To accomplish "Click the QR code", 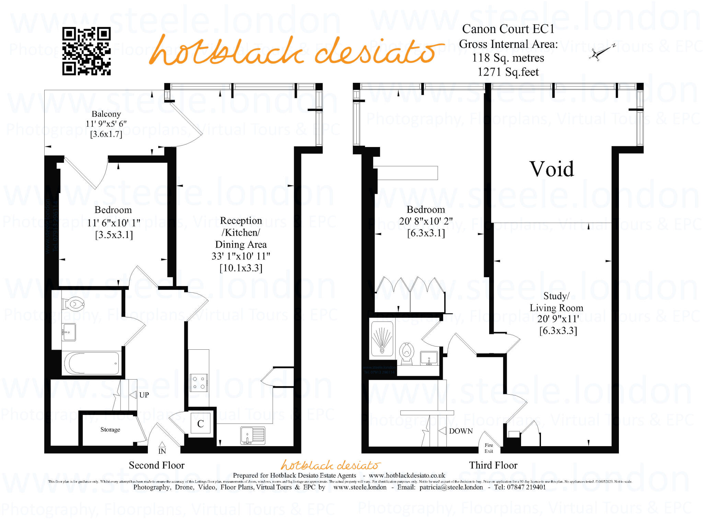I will click(86, 51).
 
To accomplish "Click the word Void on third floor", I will click(552, 169).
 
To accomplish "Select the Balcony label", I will click(106, 114).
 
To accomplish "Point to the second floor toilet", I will click(73, 304).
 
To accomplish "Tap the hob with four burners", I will click(199, 383).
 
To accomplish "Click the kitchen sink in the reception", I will click(253, 435).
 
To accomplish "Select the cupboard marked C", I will click(200, 424).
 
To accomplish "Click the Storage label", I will click(110, 429).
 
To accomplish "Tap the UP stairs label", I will click(144, 395).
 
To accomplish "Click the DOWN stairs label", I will click(461, 431).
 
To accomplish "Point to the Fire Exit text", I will click(489, 448).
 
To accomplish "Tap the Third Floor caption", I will click(493, 465).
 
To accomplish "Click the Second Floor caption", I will click(157, 465).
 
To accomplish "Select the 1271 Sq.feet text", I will click(508, 72).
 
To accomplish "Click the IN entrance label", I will click(162, 451).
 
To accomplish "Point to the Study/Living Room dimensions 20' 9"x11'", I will click(558, 319).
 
